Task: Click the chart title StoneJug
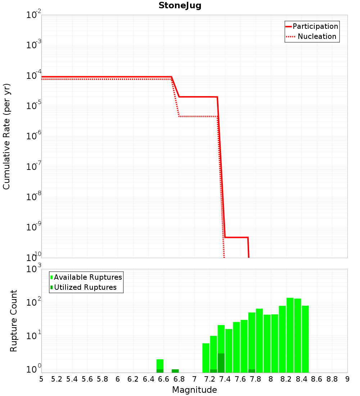click(x=180, y=6)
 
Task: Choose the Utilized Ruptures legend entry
click(x=85, y=287)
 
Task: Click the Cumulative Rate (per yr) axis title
click(x=6, y=136)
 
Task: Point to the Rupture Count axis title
click(x=14, y=320)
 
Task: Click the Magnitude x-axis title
click(x=194, y=390)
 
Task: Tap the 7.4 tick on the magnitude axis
click(x=225, y=379)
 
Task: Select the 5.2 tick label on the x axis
click(x=57, y=379)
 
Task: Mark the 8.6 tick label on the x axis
click(x=317, y=379)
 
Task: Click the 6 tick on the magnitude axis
click(x=118, y=379)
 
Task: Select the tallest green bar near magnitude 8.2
click(x=290, y=335)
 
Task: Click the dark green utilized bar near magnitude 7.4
click(x=221, y=363)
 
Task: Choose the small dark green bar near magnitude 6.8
click(x=175, y=371)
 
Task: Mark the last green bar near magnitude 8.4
click(x=305, y=338)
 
